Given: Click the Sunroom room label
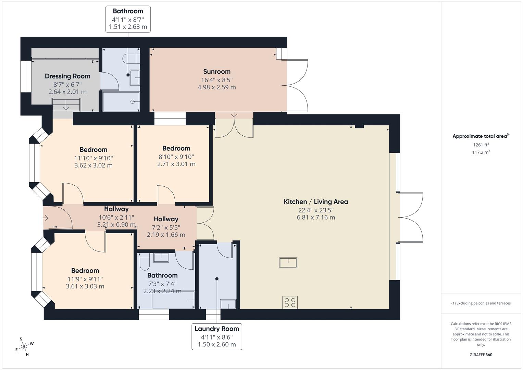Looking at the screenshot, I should tap(216, 72).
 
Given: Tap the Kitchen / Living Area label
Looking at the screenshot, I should tap(316, 202).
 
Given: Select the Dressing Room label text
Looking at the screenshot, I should tap(67, 76).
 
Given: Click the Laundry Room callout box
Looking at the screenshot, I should tap(216, 336).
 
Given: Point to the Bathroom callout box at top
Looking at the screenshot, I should tap(128, 19).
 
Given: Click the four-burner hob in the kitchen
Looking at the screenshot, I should tap(290, 303).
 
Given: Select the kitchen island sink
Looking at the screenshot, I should tap(288, 263).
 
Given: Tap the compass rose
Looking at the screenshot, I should tap(24, 347).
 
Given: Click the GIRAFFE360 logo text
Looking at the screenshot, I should tap(481, 355).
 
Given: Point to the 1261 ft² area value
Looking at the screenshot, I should tap(481, 145).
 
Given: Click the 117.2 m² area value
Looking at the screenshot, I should tap(481, 152).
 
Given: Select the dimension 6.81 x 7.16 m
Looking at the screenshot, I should tap(316, 218).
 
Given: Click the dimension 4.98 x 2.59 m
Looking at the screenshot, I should tap(216, 87).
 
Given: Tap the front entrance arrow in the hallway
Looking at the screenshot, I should tap(46, 218).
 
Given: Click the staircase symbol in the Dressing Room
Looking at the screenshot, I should tap(66, 104).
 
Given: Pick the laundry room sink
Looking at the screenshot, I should tap(228, 304).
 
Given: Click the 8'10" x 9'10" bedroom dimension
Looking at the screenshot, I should tap(176, 157).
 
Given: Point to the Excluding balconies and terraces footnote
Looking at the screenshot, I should tap(481, 303).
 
